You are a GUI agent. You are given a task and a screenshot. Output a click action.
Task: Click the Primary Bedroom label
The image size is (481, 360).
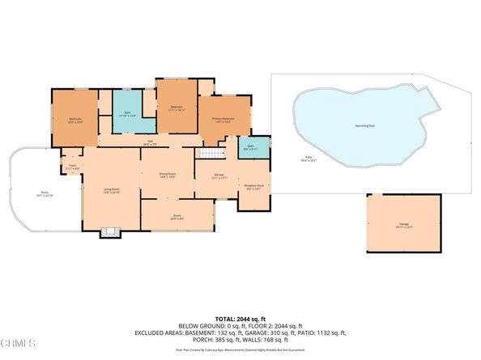tap(223, 119)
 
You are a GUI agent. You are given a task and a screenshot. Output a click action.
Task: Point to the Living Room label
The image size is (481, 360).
tap(112, 191)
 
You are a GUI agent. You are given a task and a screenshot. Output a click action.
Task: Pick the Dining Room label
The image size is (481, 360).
tap(168, 175)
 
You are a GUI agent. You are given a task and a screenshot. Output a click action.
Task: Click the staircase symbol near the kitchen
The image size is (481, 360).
tap(212, 154)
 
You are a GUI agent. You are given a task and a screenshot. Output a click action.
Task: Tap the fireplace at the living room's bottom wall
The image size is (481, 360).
tap(109, 232)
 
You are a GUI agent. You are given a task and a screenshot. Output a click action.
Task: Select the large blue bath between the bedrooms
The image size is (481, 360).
tap(127, 114)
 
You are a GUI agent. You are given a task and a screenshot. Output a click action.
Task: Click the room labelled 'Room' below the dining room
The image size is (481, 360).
tap(177, 217)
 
